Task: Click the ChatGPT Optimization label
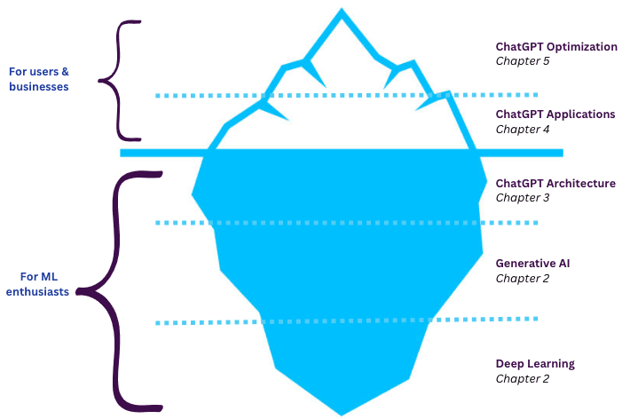click(x=555, y=46)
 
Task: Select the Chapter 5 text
click(x=524, y=61)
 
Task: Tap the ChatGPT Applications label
click(x=555, y=115)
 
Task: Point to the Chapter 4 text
click(x=524, y=130)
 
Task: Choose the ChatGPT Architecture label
click(x=555, y=183)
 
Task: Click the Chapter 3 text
click(x=524, y=198)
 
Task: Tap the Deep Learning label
click(x=534, y=363)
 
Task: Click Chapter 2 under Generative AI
click(x=523, y=279)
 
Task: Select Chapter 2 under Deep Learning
click(x=523, y=379)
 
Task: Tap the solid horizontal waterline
click(x=160, y=153)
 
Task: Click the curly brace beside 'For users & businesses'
click(x=115, y=80)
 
